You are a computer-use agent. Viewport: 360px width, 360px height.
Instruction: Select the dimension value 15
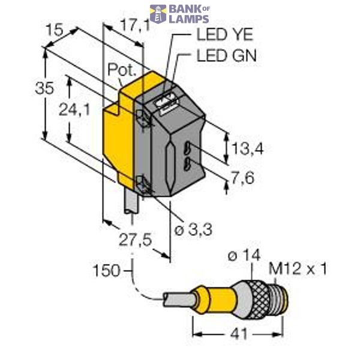(56, 31)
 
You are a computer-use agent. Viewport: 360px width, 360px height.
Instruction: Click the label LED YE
(221, 35)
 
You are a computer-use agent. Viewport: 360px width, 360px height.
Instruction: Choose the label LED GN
(226, 56)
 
